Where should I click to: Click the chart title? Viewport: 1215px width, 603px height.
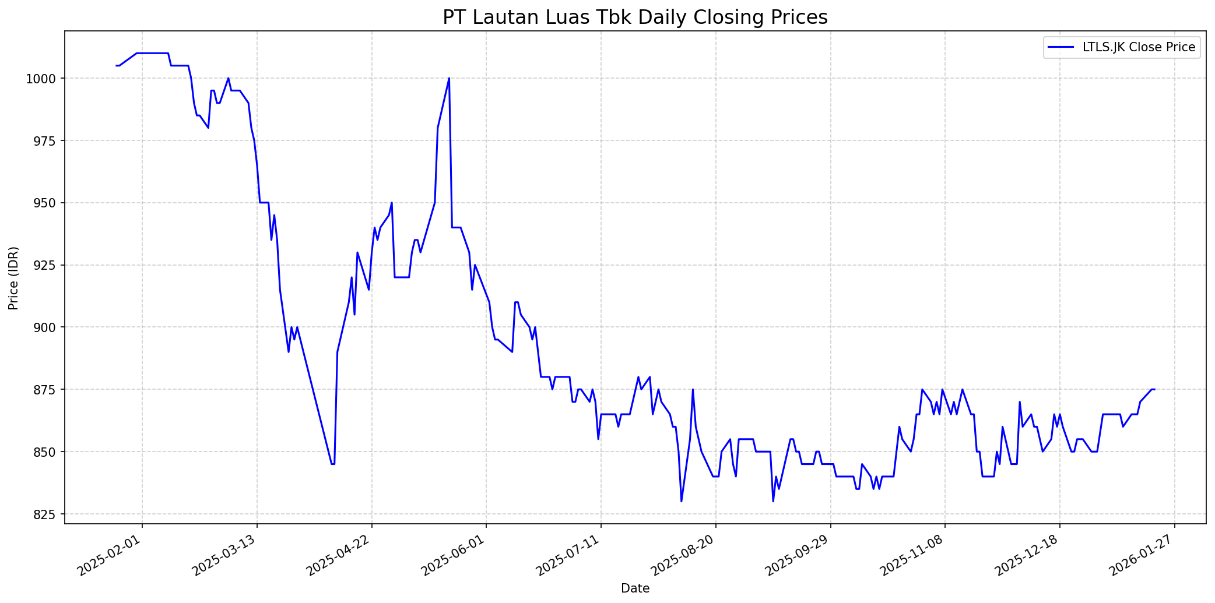pos(635,17)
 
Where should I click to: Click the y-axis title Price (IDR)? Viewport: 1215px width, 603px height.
pos(14,278)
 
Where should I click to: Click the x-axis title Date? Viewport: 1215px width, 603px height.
pos(635,588)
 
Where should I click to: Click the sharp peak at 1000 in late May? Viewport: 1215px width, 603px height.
pos(449,78)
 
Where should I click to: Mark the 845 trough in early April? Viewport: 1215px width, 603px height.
pos(332,464)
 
